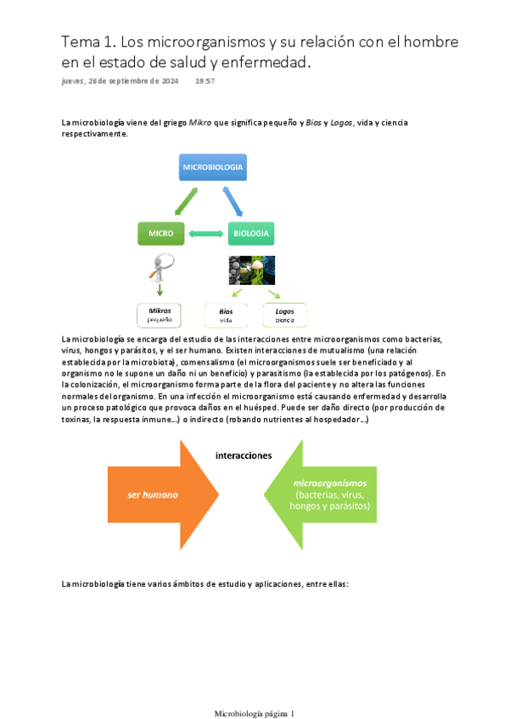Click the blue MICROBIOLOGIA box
(x=213, y=167)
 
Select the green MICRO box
(x=160, y=233)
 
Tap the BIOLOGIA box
(x=251, y=233)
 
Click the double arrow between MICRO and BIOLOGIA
(x=206, y=233)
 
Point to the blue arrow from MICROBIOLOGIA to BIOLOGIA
(x=237, y=202)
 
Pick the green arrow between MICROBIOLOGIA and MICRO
(x=185, y=202)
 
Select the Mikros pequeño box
(x=160, y=315)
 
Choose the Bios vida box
(x=226, y=315)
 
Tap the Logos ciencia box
(x=284, y=315)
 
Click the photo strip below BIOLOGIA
(x=252, y=270)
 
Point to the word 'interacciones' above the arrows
(x=244, y=454)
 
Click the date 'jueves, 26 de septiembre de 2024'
(x=114, y=81)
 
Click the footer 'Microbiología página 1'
(x=255, y=690)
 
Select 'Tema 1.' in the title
(x=88, y=42)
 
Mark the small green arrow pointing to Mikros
(x=160, y=290)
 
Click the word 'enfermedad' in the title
(x=261, y=63)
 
